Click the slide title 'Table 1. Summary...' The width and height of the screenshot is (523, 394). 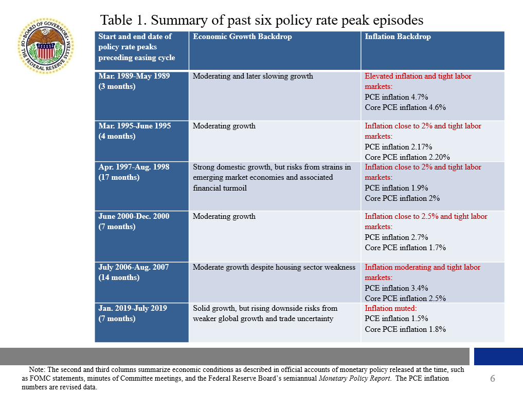tap(262, 20)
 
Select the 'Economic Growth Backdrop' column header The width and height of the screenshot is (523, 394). tap(242, 36)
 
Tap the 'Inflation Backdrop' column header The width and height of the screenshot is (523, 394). tap(398, 36)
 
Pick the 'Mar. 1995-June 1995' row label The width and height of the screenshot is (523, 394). tap(134, 126)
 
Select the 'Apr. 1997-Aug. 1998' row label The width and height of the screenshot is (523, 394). tap(134, 167)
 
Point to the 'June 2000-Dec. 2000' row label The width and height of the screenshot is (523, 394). tap(134, 216)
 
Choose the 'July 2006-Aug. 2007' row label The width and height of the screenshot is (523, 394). tap(134, 267)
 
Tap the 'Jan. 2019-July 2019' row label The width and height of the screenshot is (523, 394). tap(133, 308)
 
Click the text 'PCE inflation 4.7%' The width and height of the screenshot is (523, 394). tap(396, 97)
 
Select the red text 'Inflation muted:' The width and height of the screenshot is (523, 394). tap(391, 308)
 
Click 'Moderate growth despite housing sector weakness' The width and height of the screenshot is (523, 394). tap(274, 267)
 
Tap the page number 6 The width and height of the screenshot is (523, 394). tap(492, 379)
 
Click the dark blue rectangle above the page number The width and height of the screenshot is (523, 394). tap(498, 357)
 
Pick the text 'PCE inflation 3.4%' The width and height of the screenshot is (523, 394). tap(396, 288)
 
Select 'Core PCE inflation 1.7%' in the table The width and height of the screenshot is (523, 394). tap(405, 248)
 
